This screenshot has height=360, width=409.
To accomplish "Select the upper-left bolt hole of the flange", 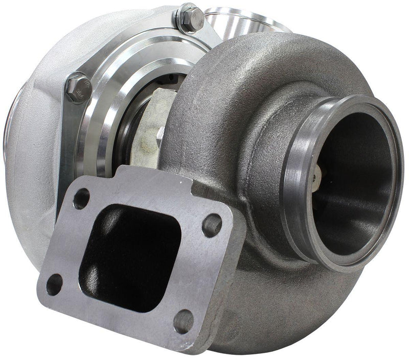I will coord(81,199).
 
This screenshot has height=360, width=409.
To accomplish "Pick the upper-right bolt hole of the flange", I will coord(212,225).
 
